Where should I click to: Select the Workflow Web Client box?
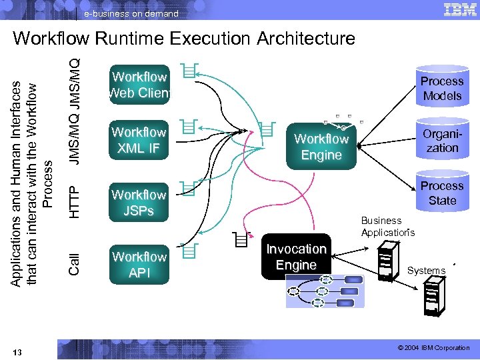pos(139,85)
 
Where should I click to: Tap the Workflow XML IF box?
pos(139,140)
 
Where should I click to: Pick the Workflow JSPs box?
pos(139,203)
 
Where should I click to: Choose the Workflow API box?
pos(139,265)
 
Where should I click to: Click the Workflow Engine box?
pos(321,147)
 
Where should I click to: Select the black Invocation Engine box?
pos(296,257)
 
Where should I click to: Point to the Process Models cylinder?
pos(441,87)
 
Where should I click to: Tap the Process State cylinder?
pos(442,193)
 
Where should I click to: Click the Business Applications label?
pos(387,227)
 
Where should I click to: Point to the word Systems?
pos(426,271)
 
